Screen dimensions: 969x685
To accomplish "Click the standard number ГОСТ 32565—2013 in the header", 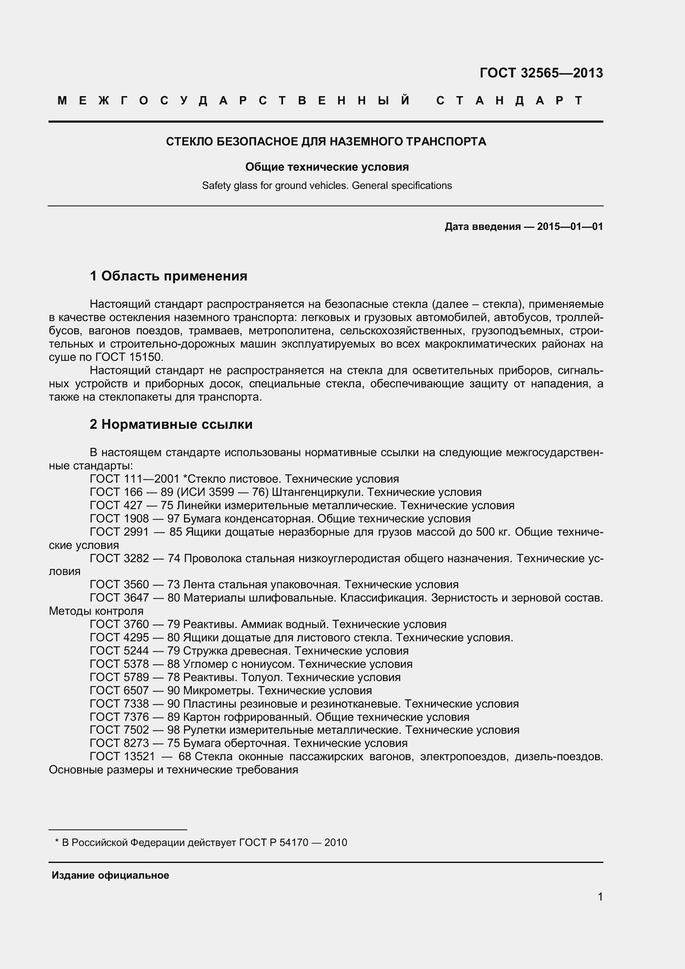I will pos(541,73).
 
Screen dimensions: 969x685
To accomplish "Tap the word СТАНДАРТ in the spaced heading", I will pos(509,100).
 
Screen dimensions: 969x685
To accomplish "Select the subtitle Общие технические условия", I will pos(327,167).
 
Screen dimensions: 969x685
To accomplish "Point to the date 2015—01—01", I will pos(570,227).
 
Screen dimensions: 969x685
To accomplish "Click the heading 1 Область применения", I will pos(168,276).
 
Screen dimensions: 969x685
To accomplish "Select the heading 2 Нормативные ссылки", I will pos(171,424).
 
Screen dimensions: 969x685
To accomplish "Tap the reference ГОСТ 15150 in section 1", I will pos(129,357).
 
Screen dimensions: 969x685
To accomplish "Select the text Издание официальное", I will pos(110,875).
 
